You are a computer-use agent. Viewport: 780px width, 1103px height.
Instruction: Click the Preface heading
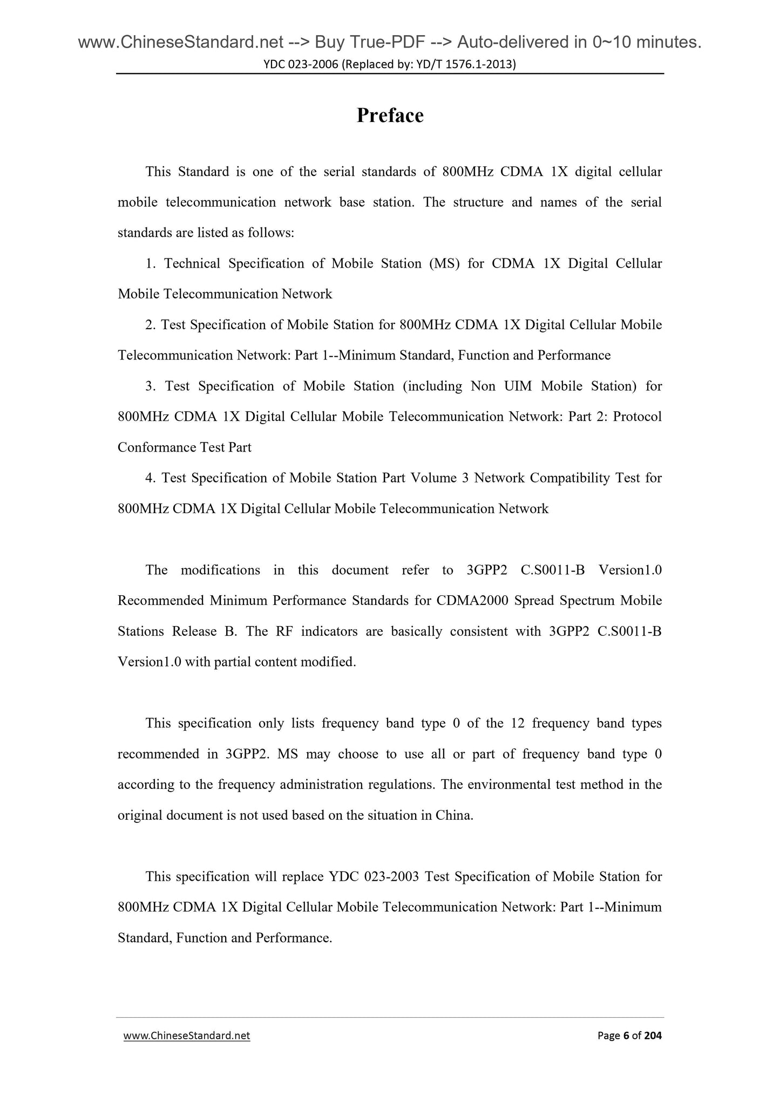click(390, 115)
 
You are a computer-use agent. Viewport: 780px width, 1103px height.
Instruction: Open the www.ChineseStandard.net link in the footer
click(187, 1036)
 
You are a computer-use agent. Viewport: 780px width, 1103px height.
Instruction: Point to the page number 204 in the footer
click(653, 1036)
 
